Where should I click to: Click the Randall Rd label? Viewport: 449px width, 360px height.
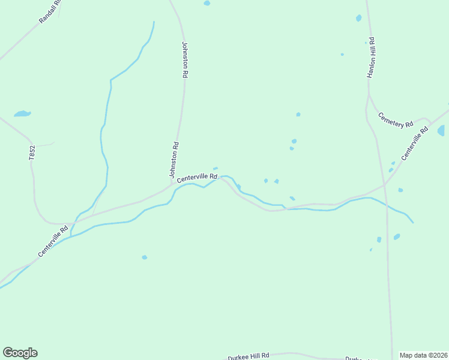click(x=50, y=11)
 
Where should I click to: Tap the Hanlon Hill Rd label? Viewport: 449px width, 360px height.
click(x=372, y=58)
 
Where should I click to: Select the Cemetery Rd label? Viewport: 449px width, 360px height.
click(x=396, y=119)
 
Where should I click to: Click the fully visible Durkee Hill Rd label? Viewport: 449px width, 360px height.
click(x=249, y=356)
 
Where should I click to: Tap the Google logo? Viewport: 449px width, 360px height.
click(x=20, y=353)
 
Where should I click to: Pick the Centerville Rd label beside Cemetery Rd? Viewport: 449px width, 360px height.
click(x=415, y=143)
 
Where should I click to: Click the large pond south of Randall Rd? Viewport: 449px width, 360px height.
click(x=22, y=113)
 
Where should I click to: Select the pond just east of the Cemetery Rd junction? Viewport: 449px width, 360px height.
click(x=441, y=130)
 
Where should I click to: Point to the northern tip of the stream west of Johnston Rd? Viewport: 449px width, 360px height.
click(x=154, y=22)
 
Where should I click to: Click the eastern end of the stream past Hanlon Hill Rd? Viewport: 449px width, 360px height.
click(x=413, y=223)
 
